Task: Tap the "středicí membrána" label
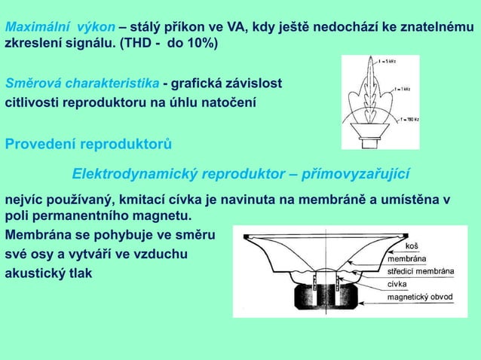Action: (420, 271)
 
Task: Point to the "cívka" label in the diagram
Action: (397, 284)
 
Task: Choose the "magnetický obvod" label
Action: (420, 297)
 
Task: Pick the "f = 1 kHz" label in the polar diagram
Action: (401, 90)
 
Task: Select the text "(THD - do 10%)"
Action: (167, 44)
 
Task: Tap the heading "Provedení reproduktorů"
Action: (88, 142)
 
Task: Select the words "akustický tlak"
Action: (49, 273)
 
